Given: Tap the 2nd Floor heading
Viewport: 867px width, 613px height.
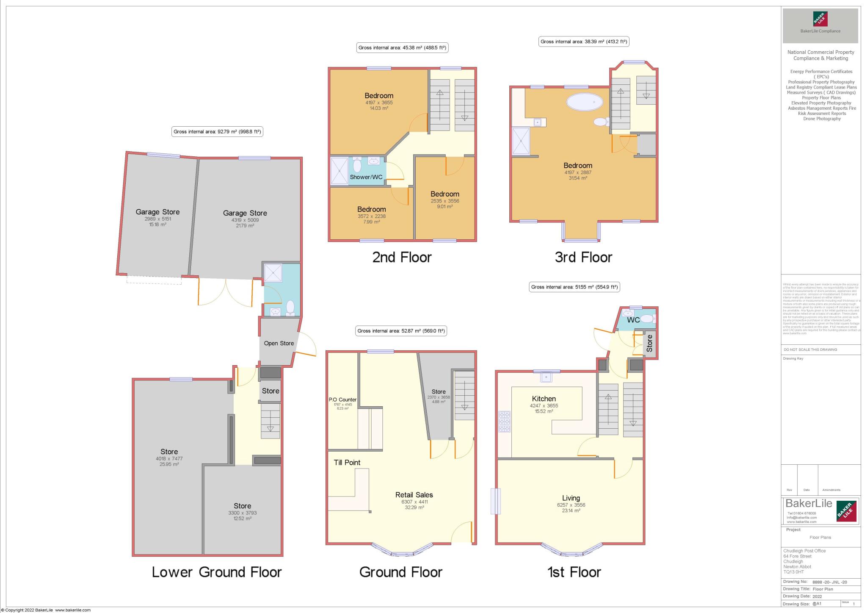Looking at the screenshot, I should coord(402,257).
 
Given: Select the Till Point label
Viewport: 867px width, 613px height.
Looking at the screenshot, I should coord(347,462).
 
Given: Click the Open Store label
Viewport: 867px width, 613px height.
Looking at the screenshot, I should coord(279,343).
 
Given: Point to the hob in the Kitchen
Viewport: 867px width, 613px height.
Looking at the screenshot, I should coord(504,422).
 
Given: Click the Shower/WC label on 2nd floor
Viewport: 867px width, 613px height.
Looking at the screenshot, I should coord(366,177).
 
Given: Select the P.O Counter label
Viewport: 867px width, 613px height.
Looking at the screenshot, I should coord(342,399).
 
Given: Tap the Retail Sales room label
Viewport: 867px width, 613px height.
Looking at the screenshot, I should coord(414,495).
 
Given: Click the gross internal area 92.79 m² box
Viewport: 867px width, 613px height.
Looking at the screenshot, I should coord(218,132).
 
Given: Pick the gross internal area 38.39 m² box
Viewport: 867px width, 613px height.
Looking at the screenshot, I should coord(584,42).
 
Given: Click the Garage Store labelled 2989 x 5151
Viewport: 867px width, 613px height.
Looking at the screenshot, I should coord(157,212).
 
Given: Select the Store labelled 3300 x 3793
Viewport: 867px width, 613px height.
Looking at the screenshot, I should coord(242,506).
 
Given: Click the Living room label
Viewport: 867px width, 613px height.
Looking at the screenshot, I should coord(571,498).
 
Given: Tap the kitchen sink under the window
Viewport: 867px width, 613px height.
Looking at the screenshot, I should coord(546,377).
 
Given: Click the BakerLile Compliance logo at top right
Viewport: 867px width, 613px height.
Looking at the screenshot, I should coord(820,26).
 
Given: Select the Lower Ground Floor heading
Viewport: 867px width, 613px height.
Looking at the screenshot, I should coord(216,572).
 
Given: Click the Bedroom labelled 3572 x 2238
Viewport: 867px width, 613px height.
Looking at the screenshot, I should coord(371,209).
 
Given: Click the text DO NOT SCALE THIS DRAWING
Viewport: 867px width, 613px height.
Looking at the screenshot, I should coord(810,349).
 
